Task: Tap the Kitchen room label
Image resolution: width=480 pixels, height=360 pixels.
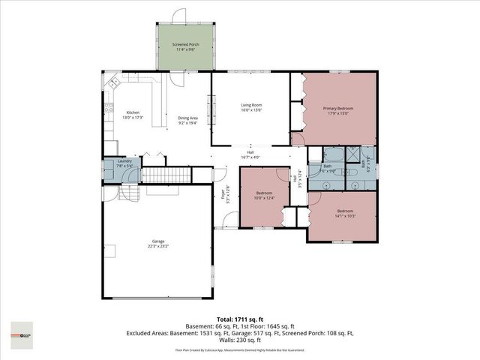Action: click(x=132, y=115)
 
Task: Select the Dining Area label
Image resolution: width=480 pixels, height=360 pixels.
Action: click(x=187, y=120)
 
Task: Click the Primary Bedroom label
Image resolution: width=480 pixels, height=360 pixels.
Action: click(x=338, y=111)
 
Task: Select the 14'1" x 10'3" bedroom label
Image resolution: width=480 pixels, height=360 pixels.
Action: click(x=344, y=213)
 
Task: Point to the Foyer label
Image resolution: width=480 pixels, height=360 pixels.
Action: click(x=223, y=196)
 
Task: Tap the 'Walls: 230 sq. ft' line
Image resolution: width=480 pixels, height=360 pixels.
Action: click(x=240, y=342)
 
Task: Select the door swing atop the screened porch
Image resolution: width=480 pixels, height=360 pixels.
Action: click(x=178, y=15)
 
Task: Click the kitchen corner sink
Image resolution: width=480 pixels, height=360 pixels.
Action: click(x=114, y=82)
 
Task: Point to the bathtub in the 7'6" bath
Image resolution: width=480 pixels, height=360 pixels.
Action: click(x=331, y=155)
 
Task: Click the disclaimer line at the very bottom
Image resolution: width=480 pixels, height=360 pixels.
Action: click(x=240, y=350)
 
